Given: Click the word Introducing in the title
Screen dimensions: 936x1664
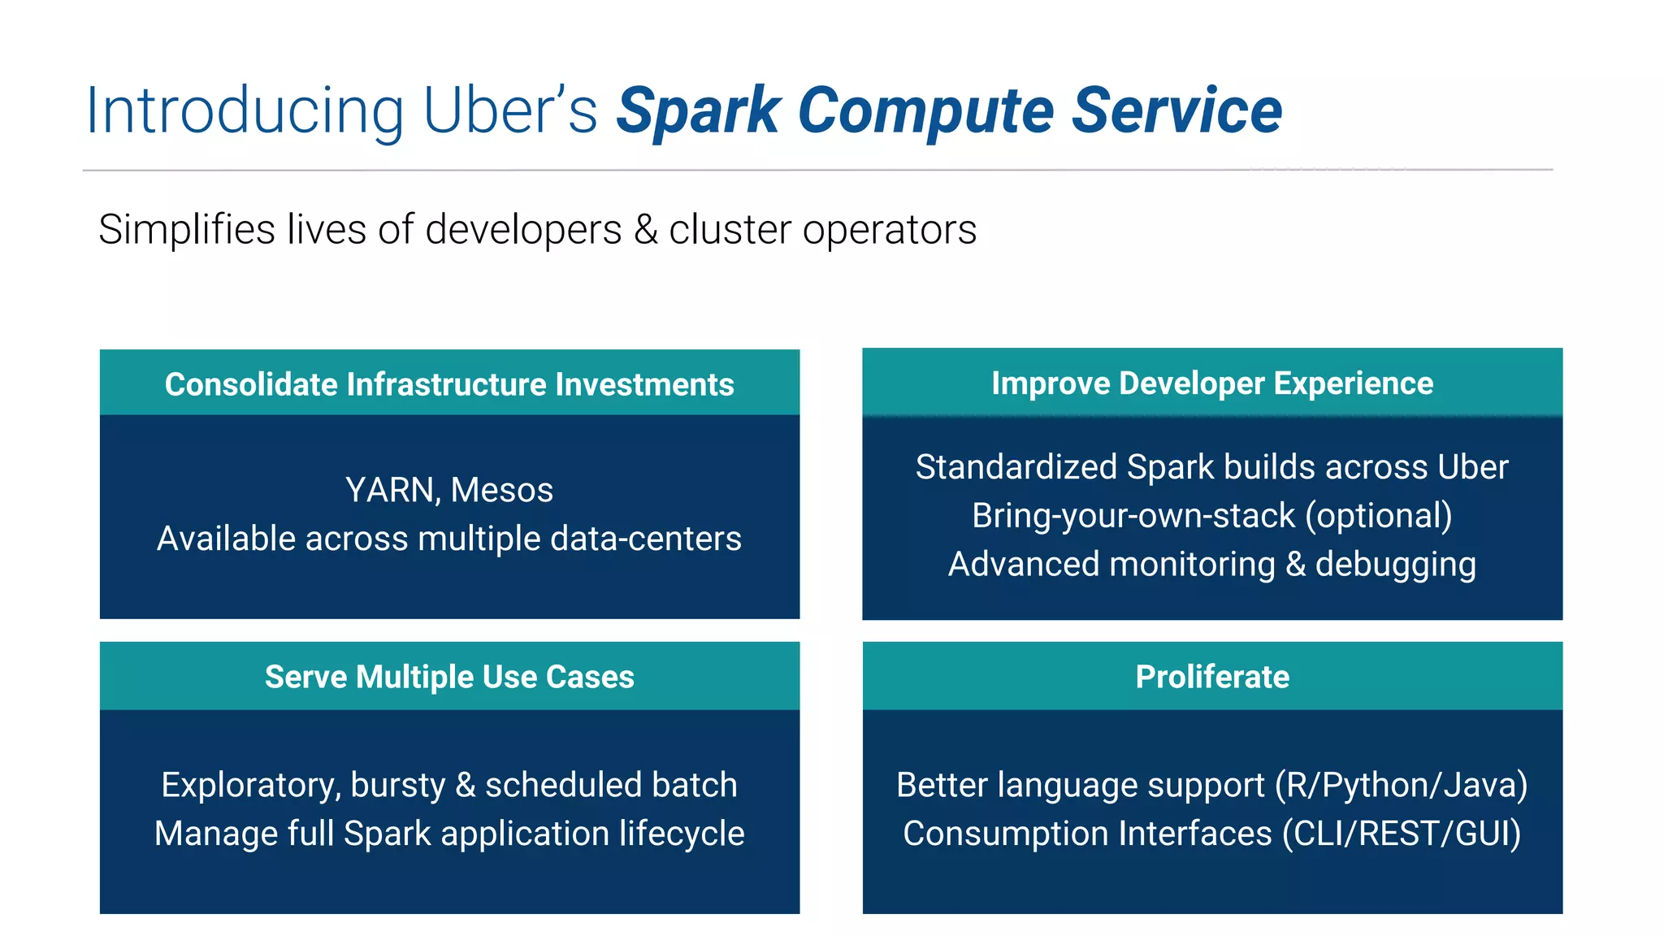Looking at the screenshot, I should pos(244,111).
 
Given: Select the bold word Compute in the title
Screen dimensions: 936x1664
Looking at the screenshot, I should pos(925,111).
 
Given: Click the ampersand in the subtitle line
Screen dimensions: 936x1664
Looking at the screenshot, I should pos(646,229).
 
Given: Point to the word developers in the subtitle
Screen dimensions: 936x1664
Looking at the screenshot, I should pos(523,230).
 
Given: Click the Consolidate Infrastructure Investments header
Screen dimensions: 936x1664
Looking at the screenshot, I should pos(449,384).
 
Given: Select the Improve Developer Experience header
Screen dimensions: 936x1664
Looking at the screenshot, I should pos(1212,383).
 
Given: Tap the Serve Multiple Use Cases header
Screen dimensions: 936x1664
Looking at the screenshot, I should pos(449,677).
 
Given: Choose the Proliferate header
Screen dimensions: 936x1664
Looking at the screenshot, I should pos(1212,677).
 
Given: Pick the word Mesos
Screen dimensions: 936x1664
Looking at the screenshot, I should pos(502,490).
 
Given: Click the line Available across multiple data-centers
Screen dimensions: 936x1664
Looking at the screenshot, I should pos(449,539).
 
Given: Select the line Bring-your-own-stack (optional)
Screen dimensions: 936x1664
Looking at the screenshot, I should pos(1212,516).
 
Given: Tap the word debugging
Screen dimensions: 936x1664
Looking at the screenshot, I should pos(1395,565).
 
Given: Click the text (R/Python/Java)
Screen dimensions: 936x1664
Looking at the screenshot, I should pos(1401,786).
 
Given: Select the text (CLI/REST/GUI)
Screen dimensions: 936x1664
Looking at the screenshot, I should pos(1401,834).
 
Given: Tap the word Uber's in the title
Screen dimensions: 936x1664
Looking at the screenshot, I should pos(509,111).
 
